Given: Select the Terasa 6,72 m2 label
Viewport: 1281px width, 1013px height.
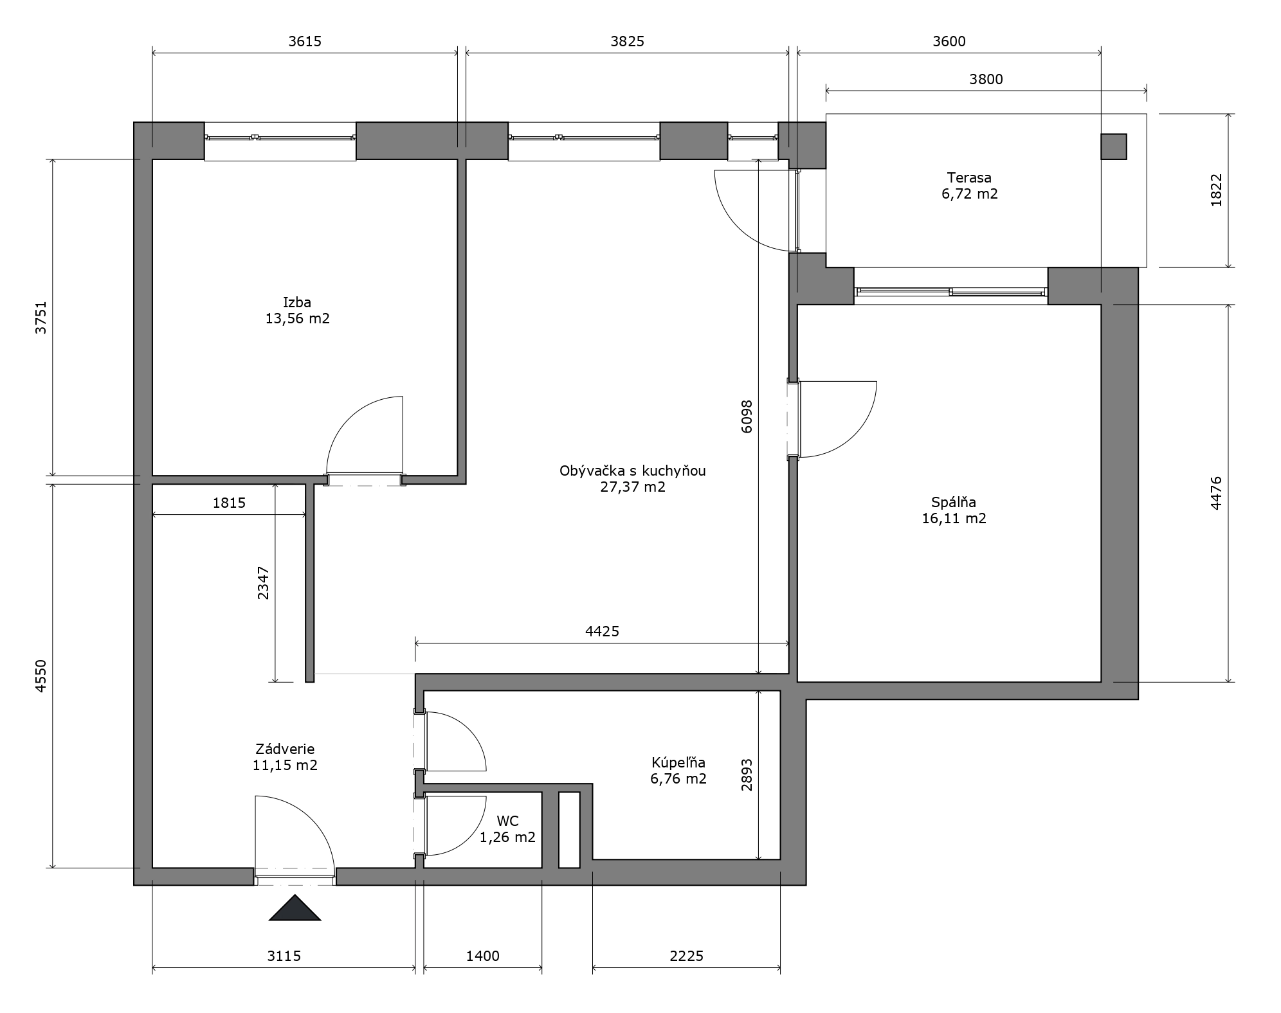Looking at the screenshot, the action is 969,186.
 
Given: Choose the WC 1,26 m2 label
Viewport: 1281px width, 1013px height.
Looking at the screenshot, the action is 507,829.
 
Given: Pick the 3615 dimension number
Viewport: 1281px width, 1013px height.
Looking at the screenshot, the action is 305,42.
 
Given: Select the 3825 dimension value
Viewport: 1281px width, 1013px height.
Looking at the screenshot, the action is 627,42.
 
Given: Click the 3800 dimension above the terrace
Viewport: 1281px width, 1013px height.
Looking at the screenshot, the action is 986,80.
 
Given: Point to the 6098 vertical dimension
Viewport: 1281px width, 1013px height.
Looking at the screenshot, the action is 747,417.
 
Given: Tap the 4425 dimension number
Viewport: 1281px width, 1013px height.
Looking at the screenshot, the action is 602,631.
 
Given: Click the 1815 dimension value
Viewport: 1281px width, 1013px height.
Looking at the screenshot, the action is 229,503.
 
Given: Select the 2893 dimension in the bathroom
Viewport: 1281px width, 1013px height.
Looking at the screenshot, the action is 747,775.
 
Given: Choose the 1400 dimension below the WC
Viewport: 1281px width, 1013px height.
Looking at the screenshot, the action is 483,956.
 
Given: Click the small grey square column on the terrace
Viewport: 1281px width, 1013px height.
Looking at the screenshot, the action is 1114,147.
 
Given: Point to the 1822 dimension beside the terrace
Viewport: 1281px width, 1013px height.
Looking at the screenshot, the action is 1216,190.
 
